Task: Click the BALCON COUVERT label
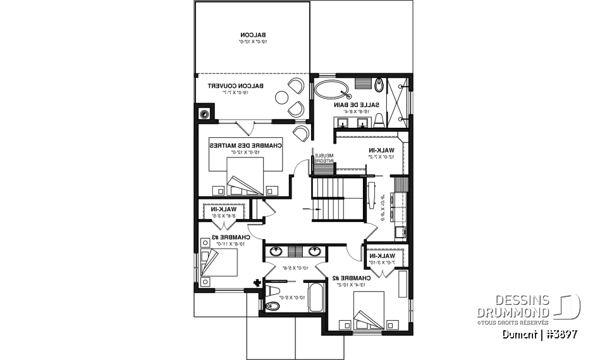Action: [x=236, y=85]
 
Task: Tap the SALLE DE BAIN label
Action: [x=356, y=104]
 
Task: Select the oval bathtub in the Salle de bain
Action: [x=332, y=89]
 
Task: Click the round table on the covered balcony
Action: [x=281, y=96]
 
